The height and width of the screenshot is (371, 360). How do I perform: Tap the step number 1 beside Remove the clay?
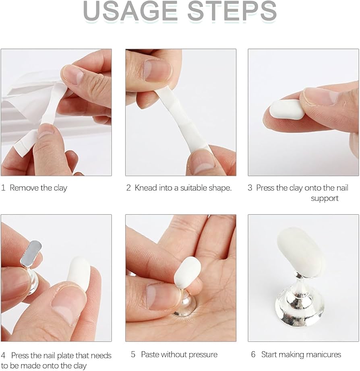tap(3, 188)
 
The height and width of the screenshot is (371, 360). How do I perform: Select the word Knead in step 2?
tap(146, 188)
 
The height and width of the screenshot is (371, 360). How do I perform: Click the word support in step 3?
tap(325, 198)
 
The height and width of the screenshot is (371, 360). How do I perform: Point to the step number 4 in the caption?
tap(3, 355)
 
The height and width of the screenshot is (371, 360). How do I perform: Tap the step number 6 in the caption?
tap(253, 355)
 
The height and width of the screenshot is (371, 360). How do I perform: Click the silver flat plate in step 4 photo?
tap(31, 253)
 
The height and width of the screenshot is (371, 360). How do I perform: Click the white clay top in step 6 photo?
tap(301, 250)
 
